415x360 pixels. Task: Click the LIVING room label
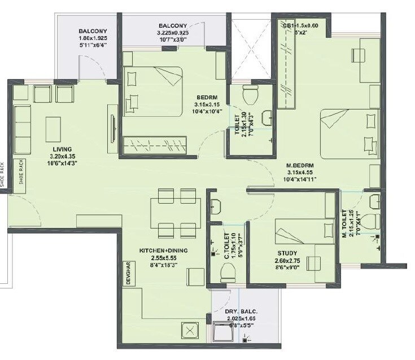tap(58, 150)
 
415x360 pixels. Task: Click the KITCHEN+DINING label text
tap(164, 251)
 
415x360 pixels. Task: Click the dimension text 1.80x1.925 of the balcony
tap(93, 38)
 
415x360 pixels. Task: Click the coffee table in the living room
tap(54, 128)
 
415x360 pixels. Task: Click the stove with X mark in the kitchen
tap(190, 331)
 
